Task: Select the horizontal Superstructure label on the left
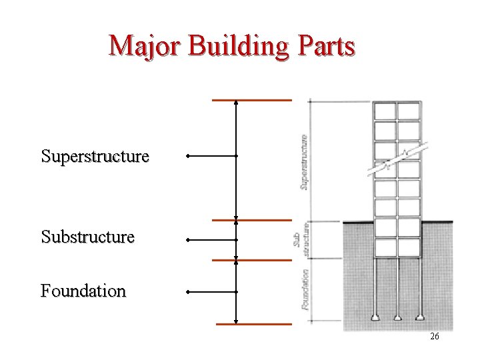click(95, 157)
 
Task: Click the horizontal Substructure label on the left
click(87, 237)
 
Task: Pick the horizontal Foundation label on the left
click(83, 291)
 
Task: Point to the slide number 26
click(434, 337)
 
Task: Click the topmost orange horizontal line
click(251, 101)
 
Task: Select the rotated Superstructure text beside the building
click(304, 162)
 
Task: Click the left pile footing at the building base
click(375, 317)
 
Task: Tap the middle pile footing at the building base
click(397, 317)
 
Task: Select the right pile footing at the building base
click(420, 317)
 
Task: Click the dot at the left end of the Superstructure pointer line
click(188, 157)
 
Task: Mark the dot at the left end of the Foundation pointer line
click(188, 291)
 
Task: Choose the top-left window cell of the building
click(385, 110)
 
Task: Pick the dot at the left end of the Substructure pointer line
click(188, 239)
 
